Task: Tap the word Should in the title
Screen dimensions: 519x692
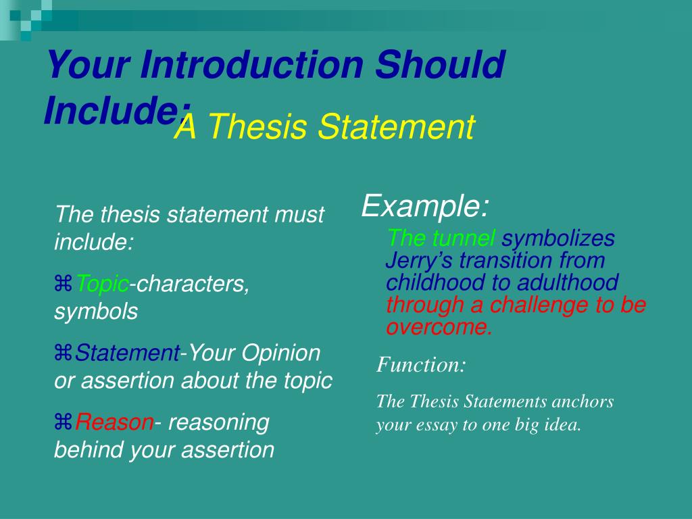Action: tap(440, 66)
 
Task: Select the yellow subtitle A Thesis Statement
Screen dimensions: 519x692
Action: tap(324, 128)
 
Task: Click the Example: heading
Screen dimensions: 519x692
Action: tap(425, 205)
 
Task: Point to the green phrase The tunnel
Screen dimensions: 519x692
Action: tap(442, 239)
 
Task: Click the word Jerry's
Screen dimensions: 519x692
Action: tap(418, 261)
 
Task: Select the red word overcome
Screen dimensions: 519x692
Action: tap(439, 327)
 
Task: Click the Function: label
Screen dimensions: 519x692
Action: tap(421, 366)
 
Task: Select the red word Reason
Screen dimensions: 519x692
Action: tap(114, 422)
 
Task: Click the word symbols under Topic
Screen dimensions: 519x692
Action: tap(95, 312)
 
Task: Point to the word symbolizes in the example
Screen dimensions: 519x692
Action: tap(558, 239)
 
